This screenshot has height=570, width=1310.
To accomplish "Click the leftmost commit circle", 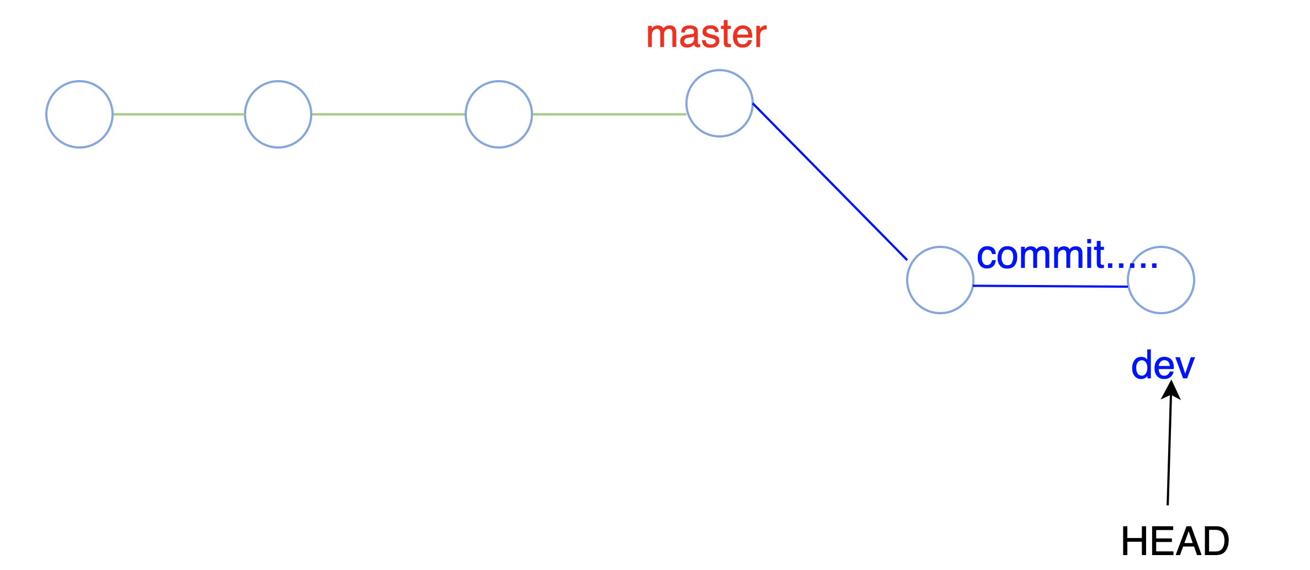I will tap(79, 114).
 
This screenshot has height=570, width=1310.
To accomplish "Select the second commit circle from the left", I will tap(278, 114).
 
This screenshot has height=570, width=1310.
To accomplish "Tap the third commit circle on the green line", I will tap(499, 114).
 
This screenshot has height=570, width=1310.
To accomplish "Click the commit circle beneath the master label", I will tap(720, 103).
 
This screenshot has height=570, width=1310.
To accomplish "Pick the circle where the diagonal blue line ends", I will tap(940, 280).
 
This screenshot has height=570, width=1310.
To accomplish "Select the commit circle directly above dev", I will tap(1161, 280).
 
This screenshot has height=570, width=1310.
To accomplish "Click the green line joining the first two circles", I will tap(179, 114).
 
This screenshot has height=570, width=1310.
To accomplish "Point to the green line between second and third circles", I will tap(388, 114).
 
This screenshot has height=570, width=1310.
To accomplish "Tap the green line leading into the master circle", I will tap(609, 114).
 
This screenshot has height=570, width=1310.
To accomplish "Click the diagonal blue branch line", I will tap(830, 181).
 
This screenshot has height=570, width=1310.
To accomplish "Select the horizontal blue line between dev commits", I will tap(1051, 286).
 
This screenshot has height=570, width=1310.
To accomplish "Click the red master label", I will tap(706, 34).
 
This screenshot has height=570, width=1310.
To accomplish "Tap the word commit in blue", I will tap(1041, 255).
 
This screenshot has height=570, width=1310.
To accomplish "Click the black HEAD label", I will tap(1175, 541).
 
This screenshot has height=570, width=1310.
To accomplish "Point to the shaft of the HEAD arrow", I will tap(1169, 453).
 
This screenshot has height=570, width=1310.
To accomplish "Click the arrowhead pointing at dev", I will tap(1171, 389).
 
